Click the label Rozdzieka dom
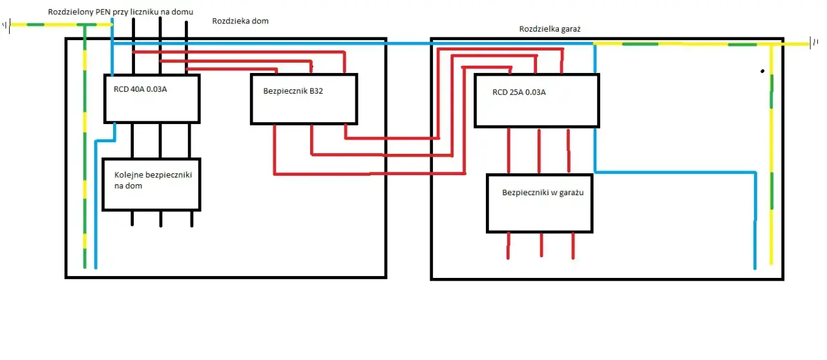[240, 21]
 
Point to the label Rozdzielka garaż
[550, 29]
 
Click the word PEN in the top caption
[103, 12]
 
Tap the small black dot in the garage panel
[762, 71]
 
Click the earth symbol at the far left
[6, 26]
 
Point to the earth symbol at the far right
[813, 43]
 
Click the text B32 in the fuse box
[316, 91]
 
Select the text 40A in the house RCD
[138, 89]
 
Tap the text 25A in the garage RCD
[517, 92]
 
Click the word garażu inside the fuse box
[571, 193]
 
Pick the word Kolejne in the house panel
[129, 175]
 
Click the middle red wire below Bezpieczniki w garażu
[541, 244]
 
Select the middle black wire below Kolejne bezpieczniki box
[161, 219]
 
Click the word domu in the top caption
[182, 12]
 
